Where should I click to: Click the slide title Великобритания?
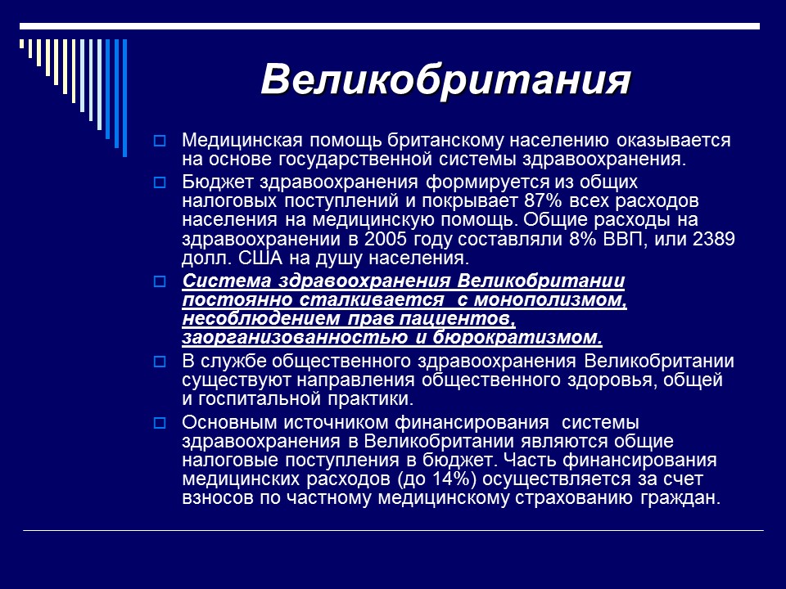[x=446, y=80]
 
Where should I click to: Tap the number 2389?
[x=713, y=240]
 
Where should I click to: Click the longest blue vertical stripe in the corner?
[x=124, y=97]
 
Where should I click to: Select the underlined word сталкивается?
[x=366, y=299]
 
